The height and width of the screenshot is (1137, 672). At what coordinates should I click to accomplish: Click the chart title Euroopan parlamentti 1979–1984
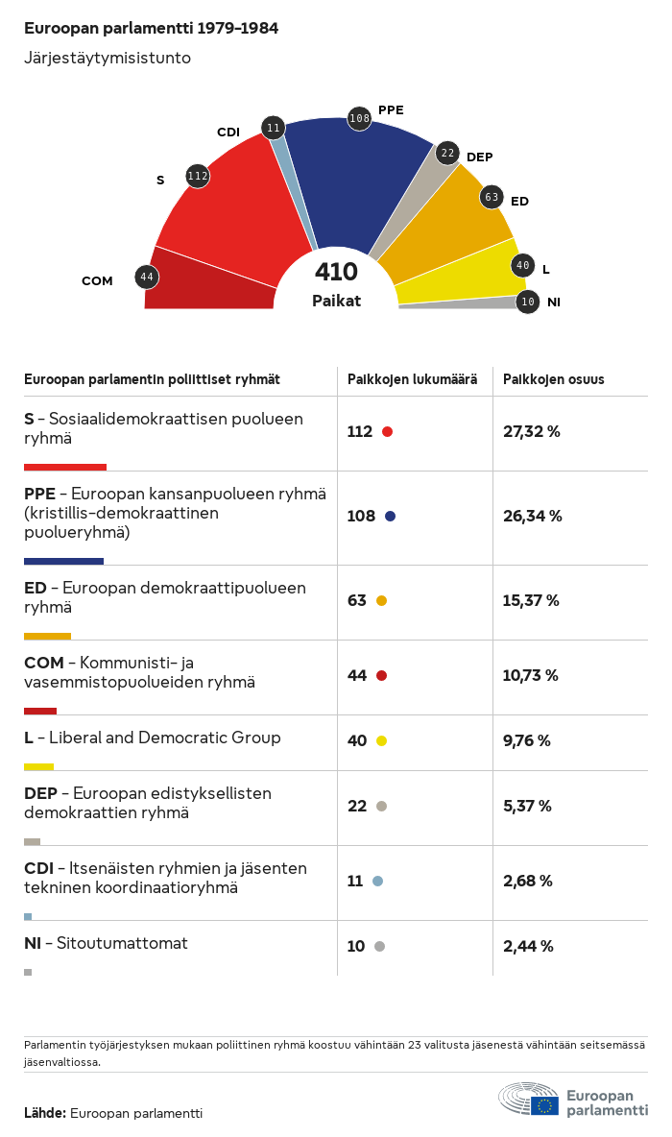tap(151, 29)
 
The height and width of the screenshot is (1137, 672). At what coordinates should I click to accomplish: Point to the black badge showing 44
tap(147, 277)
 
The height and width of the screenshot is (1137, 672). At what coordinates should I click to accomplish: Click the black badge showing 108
tap(359, 118)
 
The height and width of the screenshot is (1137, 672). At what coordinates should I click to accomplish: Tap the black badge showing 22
tap(447, 153)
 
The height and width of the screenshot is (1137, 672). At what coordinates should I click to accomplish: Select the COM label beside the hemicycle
tap(97, 281)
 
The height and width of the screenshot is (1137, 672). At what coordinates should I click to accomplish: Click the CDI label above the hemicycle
tap(228, 133)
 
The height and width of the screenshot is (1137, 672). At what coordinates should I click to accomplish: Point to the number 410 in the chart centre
tap(336, 273)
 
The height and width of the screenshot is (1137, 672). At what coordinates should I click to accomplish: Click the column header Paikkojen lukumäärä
tap(412, 379)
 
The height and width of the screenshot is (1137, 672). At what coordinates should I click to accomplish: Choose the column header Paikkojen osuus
tap(554, 379)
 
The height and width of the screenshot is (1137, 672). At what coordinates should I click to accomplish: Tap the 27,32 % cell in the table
tap(531, 431)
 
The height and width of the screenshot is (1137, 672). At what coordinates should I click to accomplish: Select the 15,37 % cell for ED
tap(531, 600)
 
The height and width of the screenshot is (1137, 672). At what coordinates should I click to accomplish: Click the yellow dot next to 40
tap(381, 740)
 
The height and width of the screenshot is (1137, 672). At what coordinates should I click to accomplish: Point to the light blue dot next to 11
tap(377, 881)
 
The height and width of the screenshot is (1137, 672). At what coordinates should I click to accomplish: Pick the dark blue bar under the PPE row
tap(63, 561)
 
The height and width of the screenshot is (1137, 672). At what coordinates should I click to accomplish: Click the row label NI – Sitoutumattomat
tap(106, 943)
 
